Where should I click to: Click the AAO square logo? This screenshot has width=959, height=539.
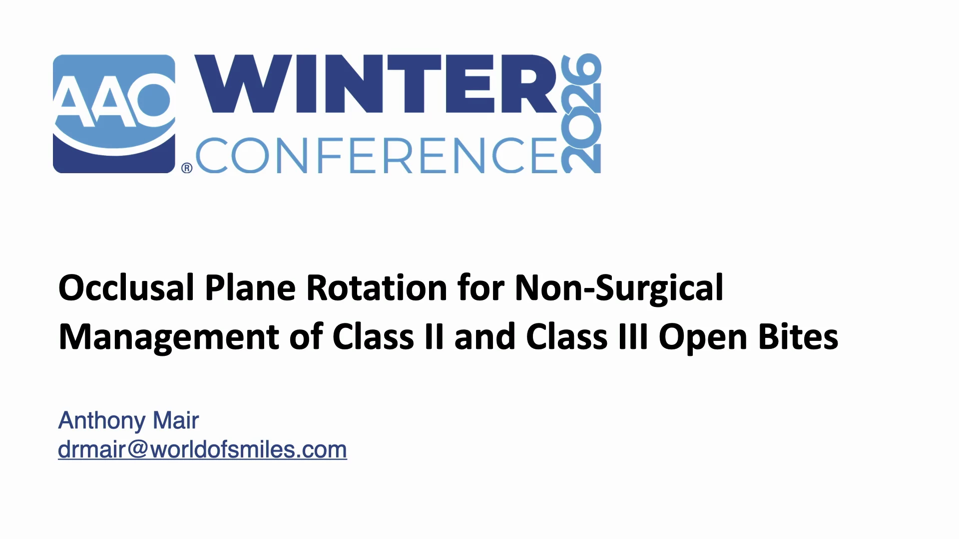click(114, 114)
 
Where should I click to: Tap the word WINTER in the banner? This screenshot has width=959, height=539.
click(375, 84)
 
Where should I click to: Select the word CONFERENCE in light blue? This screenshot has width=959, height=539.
click(376, 155)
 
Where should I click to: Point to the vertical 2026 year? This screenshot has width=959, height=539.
click(581, 113)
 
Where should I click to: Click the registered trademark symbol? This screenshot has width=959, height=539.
click(187, 168)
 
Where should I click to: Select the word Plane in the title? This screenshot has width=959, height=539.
click(250, 288)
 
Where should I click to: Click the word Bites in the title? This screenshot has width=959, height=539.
click(798, 336)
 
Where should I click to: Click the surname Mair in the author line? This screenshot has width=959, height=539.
click(176, 420)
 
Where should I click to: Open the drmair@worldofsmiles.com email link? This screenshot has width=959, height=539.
click(202, 450)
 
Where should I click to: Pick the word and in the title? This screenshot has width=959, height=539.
click(484, 336)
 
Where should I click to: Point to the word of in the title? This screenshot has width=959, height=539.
click(306, 336)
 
